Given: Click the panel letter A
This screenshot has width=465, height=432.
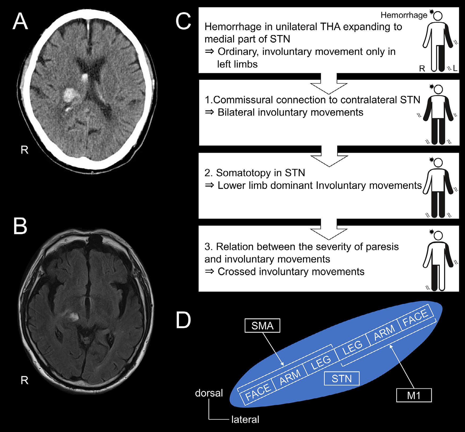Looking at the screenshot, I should (x=20, y=22).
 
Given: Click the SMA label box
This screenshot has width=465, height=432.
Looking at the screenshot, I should (x=262, y=325).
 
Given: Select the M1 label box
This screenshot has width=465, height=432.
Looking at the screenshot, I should (x=413, y=395).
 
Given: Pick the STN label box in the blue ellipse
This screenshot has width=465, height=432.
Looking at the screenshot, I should (x=342, y=378).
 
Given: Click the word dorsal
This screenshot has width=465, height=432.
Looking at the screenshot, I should (x=209, y=393).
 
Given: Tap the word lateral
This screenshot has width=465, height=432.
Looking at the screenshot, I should (x=245, y=420).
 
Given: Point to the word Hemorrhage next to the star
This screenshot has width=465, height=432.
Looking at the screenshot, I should (x=404, y=15).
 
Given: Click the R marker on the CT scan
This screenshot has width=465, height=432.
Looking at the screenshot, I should (x=24, y=150).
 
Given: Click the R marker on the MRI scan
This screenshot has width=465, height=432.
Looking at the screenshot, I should (x=24, y=380).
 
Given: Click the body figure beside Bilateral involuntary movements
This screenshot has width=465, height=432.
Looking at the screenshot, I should (x=438, y=114).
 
